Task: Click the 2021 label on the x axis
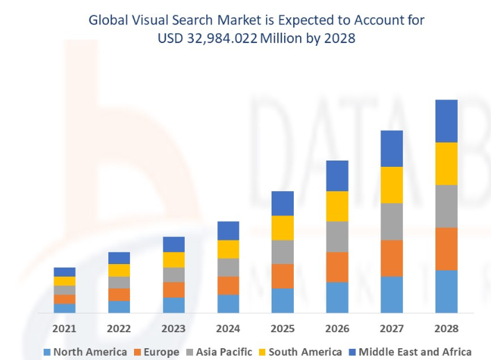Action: click(x=64, y=328)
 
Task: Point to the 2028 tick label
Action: click(x=446, y=328)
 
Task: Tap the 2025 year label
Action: click(x=282, y=328)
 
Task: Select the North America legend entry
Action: click(x=85, y=352)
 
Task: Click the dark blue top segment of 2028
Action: click(x=446, y=121)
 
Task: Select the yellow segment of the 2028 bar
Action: click(x=446, y=163)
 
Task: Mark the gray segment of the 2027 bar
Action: click(x=392, y=222)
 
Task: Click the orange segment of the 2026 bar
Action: click(x=337, y=267)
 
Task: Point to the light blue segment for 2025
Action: click(x=282, y=300)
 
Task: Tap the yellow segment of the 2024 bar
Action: click(x=228, y=249)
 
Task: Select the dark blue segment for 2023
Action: click(x=174, y=244)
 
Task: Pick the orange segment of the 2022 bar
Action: click(x=119, y=295)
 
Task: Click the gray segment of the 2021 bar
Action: click(x=64, y=290)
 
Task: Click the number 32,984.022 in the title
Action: click(x=222, y=39)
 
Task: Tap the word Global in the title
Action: click(x=108, y=20)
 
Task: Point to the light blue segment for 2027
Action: click(x=392, y=295)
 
